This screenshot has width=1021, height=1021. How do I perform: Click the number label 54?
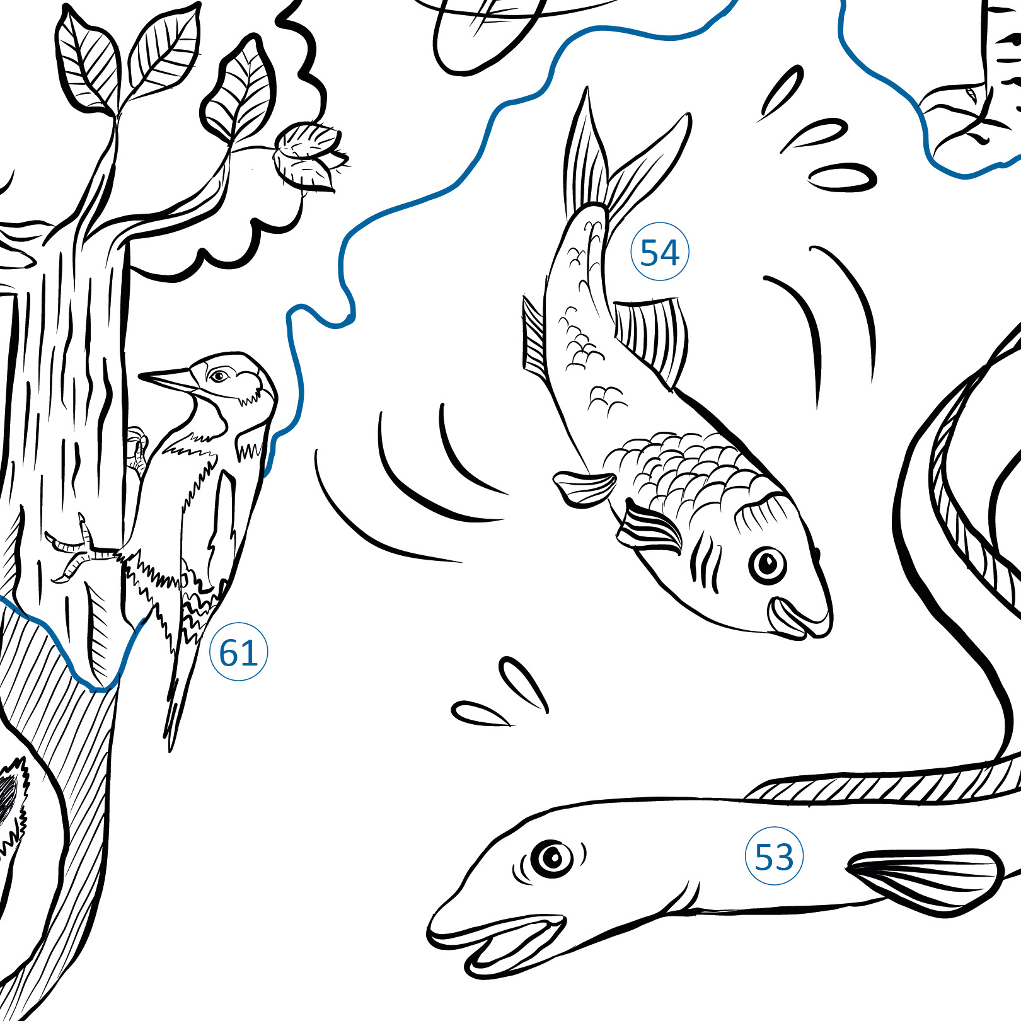click(x=660, y=252)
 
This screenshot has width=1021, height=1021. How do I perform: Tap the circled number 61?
click(x=238, y=652)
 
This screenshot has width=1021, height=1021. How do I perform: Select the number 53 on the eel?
click(x=774, y=856)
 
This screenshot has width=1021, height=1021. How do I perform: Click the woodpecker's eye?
click(x=219, y=376)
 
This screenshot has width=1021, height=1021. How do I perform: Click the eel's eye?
click(x=552, y=858)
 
